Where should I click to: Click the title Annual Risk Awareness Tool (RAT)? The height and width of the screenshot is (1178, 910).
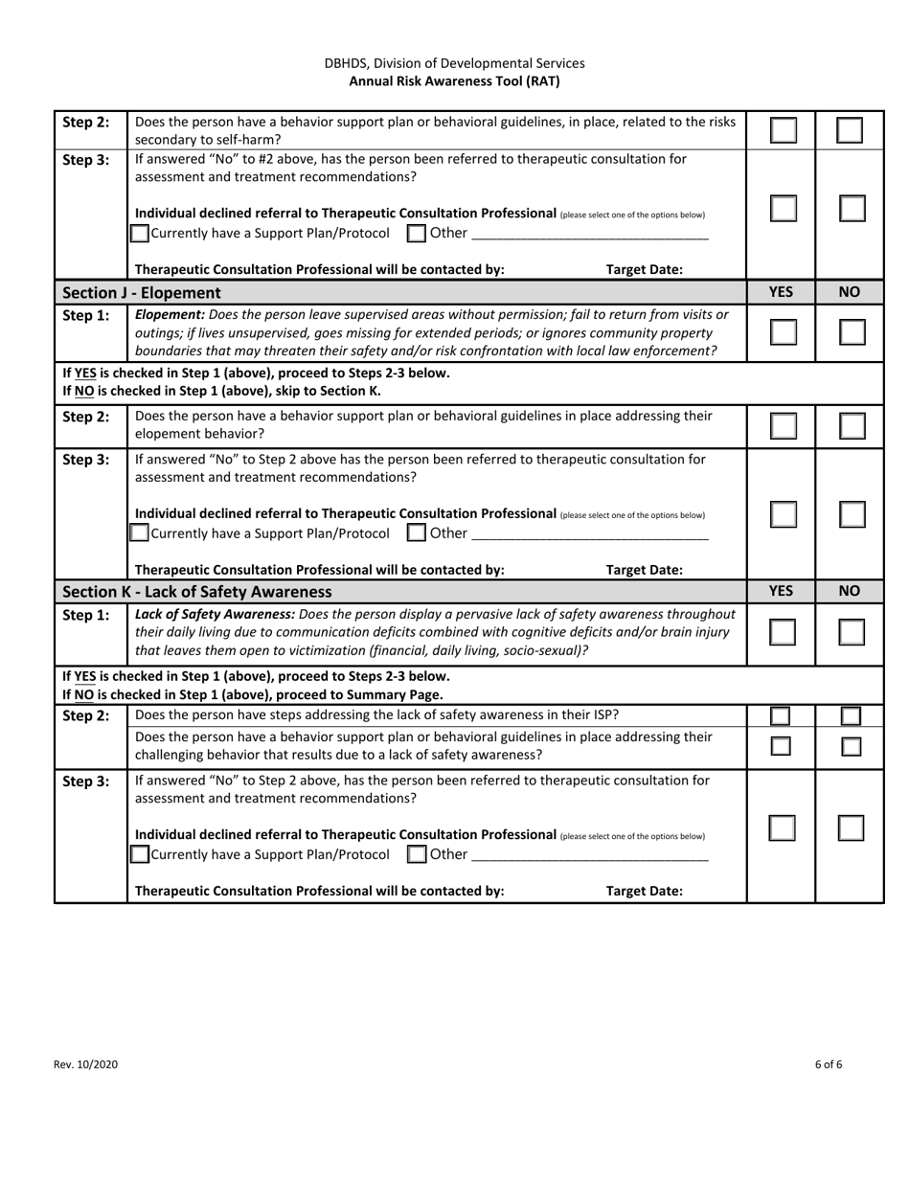click(x=454, y=81)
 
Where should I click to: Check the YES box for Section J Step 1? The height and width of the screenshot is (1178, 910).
click(x=783, y=332)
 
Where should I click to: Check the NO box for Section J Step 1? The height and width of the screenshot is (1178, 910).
click(x=852, y=332)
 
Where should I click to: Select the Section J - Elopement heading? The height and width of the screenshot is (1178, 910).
click(x=141, y=292)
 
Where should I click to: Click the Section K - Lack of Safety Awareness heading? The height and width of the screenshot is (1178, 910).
click(x=196, y=592)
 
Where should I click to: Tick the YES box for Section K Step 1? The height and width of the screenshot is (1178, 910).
click(x=783, y=632)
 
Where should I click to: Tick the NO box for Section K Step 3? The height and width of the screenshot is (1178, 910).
click(x=851, y=828)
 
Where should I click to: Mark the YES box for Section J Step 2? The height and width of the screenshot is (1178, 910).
click(x=783, y=426)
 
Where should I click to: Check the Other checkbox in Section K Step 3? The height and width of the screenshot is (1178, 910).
click(x=417, y=854)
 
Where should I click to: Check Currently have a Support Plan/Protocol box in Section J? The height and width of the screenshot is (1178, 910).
click(x=140, y=532)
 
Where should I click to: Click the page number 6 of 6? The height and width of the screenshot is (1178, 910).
click(x=829, y=1064)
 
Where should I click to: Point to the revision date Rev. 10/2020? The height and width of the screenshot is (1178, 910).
click(x=86, y=1064)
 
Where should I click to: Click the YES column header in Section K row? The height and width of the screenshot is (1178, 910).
click(x=781, y=591)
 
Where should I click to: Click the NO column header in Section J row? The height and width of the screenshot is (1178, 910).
click(x=850, y=292)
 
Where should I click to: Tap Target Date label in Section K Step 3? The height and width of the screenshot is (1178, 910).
click(x=645, y=891)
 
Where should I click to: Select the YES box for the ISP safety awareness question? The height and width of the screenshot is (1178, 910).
click(x=781, y=715)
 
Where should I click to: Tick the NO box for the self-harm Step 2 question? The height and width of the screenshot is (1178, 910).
click(x=850, y=130)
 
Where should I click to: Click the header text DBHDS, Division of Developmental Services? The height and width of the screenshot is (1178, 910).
click(x=454, y=63)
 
